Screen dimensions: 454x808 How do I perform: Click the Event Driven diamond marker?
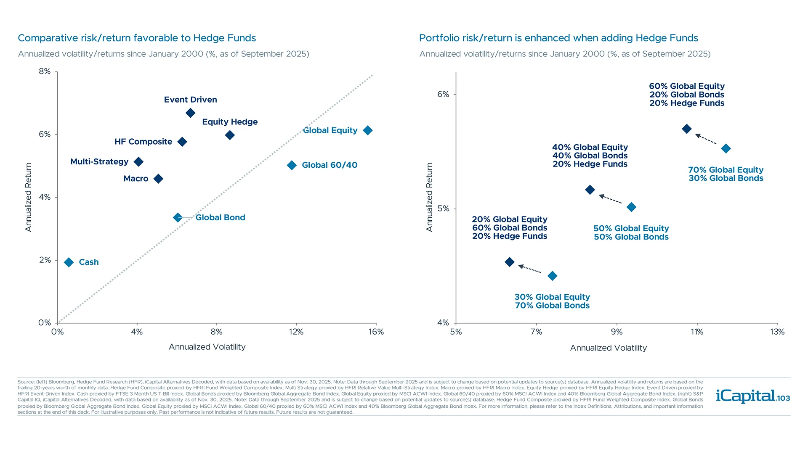click(190, 113)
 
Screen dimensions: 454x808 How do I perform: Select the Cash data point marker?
click(69, 262)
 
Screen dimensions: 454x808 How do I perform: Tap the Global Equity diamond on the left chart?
click(367, 130)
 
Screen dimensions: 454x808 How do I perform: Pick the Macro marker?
click(158, 179)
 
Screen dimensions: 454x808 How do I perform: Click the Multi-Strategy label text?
click(99, 162)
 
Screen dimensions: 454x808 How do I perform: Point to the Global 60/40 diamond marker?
click(292, 165)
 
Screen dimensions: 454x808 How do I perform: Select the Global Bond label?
click(220, 218)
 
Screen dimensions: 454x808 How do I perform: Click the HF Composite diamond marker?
click(182, 142)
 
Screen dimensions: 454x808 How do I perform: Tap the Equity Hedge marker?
click(230, 135)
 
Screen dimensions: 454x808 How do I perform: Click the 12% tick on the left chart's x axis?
click(296, 332)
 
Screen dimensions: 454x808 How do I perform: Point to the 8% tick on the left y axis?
click(45, 71)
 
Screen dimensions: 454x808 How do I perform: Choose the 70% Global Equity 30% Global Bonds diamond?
click(726, 148)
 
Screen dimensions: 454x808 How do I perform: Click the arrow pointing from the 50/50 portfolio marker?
click(610, 198)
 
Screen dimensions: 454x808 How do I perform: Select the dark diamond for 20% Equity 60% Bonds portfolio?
click(509, 262)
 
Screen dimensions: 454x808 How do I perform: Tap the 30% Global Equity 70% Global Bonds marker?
click(553, 276)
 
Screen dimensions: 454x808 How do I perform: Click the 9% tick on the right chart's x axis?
click(617, 332)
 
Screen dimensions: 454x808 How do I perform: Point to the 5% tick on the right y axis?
click(443, 209)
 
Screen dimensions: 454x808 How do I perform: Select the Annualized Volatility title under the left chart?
click(207, 347)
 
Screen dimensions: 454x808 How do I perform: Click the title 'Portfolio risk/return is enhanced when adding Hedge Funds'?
click(558, 38)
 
